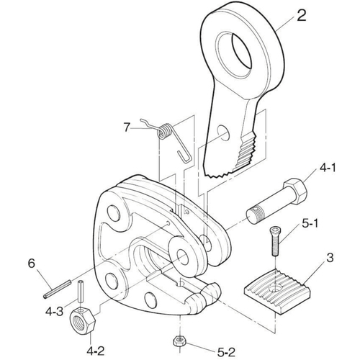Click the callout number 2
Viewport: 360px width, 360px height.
pos(302,15)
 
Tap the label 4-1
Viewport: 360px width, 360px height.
pos(328,168)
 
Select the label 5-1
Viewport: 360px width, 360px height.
pos(310,224)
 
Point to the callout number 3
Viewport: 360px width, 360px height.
pos(330,258)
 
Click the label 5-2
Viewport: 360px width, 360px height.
pos(226,352)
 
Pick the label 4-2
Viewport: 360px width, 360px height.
pos(96,351)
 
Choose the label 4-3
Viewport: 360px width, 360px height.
pos(55,312)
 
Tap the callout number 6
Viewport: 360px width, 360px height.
pos(32,264)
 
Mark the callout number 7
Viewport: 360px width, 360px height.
pos(127,127)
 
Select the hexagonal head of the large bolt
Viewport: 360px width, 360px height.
pos(295,192)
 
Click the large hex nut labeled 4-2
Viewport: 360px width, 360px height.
pos(83,320)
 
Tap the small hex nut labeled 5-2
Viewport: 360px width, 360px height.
pos(179,341)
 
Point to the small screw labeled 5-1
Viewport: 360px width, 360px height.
pos(275,241)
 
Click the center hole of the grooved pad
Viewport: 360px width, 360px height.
pos(274,288)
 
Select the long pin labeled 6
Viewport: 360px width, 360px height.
pos(57,289)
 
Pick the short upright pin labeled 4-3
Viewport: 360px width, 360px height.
pos(81,291)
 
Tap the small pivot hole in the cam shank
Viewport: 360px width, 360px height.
pos(223,132)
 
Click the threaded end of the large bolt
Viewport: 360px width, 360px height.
pos(255,215)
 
